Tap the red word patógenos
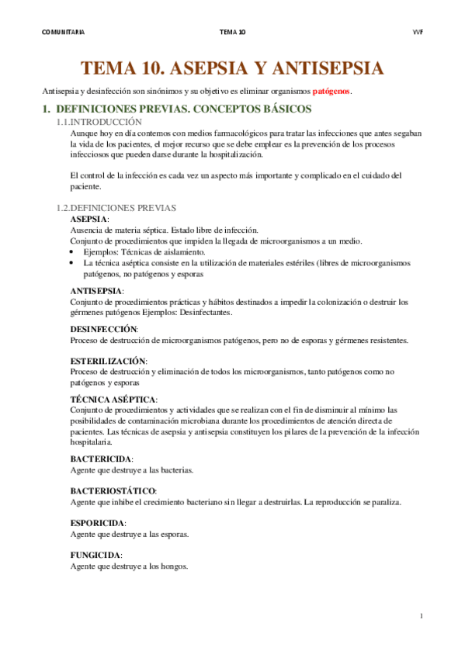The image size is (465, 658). [x=331, y=92]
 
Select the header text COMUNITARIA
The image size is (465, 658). [x=63, y=32]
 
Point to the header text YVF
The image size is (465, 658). [x=417, y=32]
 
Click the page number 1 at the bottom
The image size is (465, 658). [x=421, y=616]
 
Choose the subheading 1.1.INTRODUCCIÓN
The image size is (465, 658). [x=100, y=123]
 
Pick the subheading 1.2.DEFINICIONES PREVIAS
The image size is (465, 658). [x=117, y=208]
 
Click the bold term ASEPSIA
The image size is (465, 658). [x=88, y=220]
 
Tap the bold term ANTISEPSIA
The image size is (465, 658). [x=95, y=290]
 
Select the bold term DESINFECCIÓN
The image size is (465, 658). [x=103, y=329]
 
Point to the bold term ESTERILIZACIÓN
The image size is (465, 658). [x=107, y=361]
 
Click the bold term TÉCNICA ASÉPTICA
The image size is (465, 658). [x=113, y=399]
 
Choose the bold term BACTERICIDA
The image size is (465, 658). [x=101, y=459]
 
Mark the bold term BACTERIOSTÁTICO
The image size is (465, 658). [x=113, y=491]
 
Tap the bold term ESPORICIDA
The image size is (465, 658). [x=97, y=524]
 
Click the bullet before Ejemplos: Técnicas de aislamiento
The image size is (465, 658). [x=72, y=253]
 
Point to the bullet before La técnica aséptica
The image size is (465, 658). [x=72, y=264]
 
